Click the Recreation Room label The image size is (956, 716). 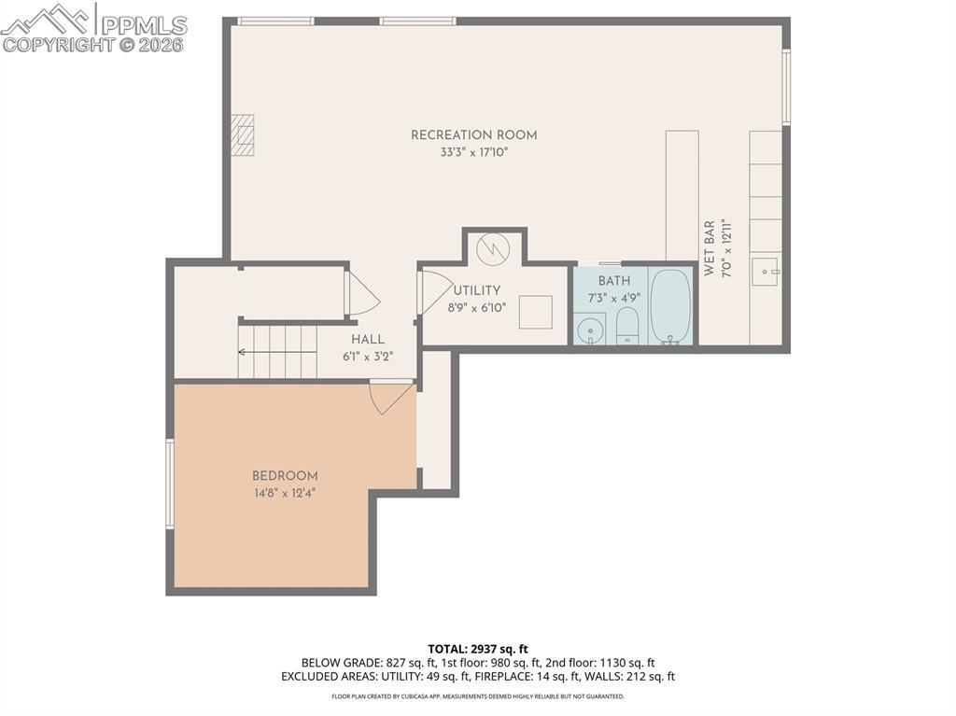(x=473, y=135)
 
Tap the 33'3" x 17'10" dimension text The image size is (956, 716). (x=473, y=152)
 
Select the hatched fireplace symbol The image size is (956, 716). (x=243, y=134)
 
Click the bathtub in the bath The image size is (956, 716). (x=670, y=306)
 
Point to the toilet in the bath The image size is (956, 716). (x=627, y=326)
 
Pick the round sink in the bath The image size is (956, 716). (x=589, y=330)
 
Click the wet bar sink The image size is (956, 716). (x=766, y=273)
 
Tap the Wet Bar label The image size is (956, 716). (x=710, y=248)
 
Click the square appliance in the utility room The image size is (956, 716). (x=535, y=311)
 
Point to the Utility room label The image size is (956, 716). (x=477, y=290)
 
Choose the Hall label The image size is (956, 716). (x=367, y=340)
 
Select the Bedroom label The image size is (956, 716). (x=285, y=476)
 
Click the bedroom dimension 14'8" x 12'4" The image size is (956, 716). (x=285, y=493)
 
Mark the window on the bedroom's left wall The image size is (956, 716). (x=170, y=484)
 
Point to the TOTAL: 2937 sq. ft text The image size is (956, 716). (x=478, y=649)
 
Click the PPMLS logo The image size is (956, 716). (x=93, y=27)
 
